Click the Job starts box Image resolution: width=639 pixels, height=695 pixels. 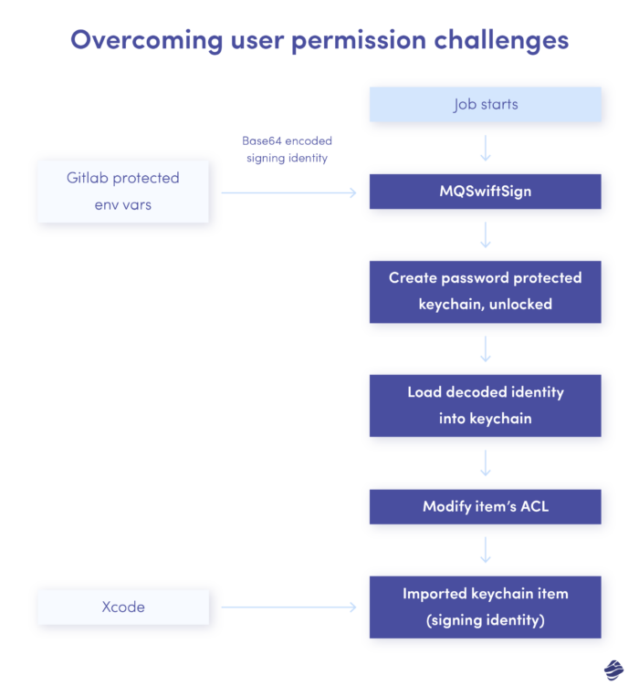(486, 105)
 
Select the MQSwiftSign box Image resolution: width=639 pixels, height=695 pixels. (486, 192)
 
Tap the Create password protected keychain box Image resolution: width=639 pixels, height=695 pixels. (486, 291)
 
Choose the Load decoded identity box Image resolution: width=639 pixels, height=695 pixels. (486, 405)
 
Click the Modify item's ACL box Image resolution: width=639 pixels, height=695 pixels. (486, 506)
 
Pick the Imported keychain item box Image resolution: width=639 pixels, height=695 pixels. (486, 607)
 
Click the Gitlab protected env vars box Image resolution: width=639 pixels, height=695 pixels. (123, 191)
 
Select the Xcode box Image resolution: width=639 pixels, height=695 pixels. (123, 607)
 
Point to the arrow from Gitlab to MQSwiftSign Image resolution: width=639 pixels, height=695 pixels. (288, 192)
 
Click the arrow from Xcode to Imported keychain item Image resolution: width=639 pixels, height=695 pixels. (288, 607)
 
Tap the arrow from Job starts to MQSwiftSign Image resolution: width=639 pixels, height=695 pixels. (486, 148)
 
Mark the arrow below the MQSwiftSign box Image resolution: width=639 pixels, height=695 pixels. (486, 235)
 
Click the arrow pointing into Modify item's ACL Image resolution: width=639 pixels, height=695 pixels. (486, 462)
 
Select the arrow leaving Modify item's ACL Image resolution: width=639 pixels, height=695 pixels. (486, 550)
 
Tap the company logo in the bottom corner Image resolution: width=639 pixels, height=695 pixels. (613, 670)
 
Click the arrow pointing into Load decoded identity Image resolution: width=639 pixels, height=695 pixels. (486, 348)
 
